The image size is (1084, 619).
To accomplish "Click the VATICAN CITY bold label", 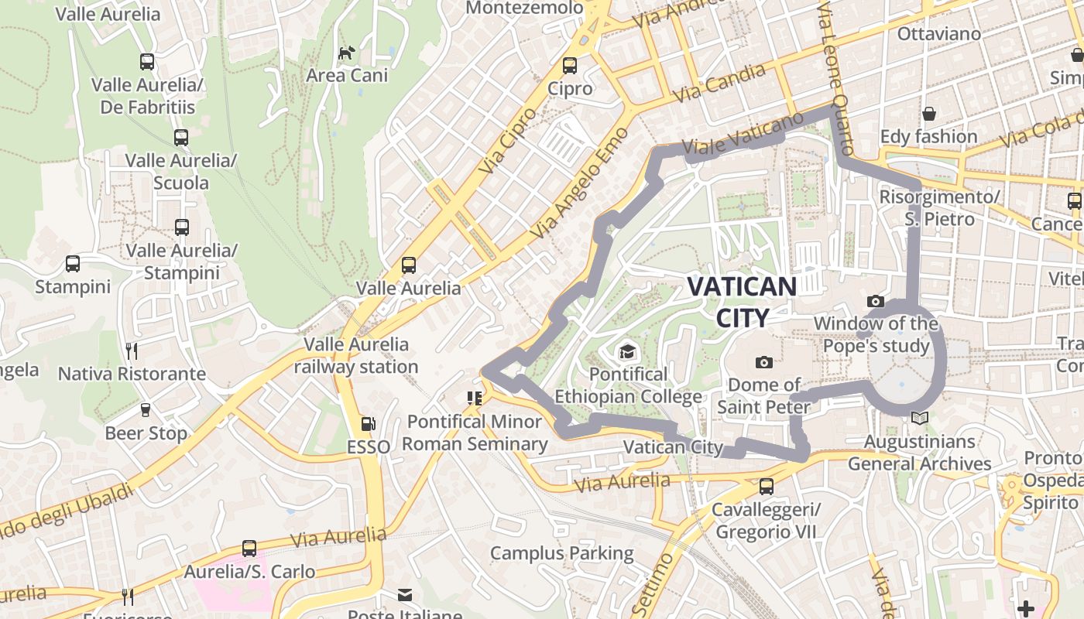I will (x=742, y=302).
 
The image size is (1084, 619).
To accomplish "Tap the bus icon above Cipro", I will (x=570, y=65).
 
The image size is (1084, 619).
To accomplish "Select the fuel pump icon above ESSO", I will (x=369, y=424).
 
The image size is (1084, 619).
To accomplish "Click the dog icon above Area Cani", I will (x=347, y=53).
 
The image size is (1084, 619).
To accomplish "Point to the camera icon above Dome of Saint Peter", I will (x=764, y=362).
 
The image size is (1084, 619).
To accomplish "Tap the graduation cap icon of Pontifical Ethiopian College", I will (x=627, y=352).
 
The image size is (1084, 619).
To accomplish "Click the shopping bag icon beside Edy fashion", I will (x=929, y=115).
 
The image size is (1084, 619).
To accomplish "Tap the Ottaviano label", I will (x=938, y=34).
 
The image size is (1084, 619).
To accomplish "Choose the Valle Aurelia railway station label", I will (x=356, y=355).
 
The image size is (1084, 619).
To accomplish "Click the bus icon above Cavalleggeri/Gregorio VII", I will (x=767, y=487).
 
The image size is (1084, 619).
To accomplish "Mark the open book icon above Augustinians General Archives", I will (x=919, y=419).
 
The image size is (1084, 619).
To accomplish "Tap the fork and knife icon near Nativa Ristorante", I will (x=132, y=351).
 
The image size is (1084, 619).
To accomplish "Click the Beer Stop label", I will (x=146, y=433).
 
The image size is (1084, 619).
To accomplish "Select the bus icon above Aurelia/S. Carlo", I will (x=249, y=549).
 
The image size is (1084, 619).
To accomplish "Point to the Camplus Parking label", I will (x=562, y=553).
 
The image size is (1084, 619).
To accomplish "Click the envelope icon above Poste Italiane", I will (x=405, y=595).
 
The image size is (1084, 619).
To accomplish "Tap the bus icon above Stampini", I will (x=73, y=264).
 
